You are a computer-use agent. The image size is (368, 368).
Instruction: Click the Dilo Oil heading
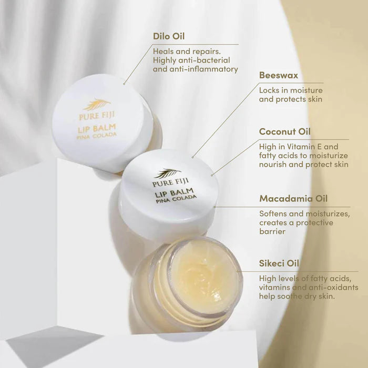(169, 36)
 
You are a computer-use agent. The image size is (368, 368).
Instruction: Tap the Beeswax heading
(279, 75)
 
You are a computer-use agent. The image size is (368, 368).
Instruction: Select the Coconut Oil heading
(285, 131)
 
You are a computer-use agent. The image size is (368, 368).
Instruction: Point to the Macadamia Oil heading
(293, 199)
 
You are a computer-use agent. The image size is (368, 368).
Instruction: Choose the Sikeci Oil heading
(279, 263)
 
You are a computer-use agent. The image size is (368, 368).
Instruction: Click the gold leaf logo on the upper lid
(97, 105)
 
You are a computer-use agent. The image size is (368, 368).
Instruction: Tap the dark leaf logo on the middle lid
(168, 173)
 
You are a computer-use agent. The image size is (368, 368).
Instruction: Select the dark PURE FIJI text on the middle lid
(171, 182)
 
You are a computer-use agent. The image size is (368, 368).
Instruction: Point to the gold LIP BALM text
(97, 129)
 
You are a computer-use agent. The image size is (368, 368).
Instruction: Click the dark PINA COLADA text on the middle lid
(176, 199)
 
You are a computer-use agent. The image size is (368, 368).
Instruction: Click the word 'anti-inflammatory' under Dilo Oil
(204, 69)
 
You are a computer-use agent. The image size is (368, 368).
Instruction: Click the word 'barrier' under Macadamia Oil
(272, 232)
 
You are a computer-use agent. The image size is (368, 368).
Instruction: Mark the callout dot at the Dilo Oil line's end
(124, 84)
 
